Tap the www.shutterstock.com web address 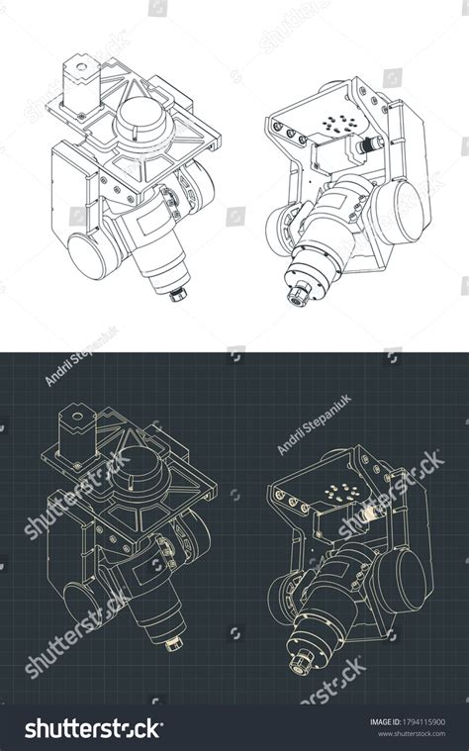(x=411, y=735)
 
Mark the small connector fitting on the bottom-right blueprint (x=372, y=513)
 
